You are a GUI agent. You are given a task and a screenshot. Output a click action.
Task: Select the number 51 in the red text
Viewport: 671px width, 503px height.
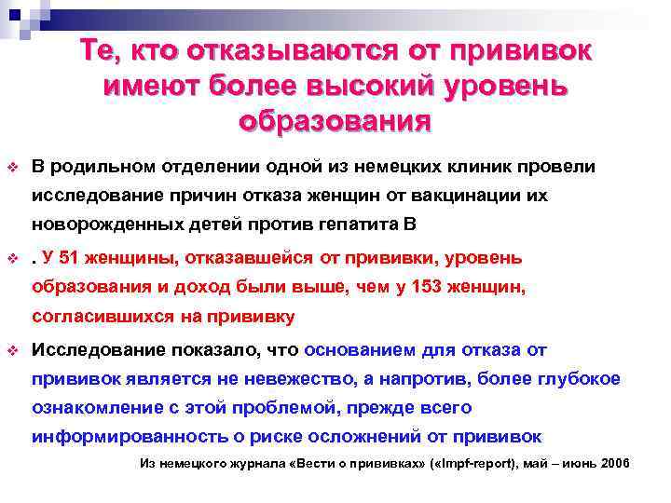(x=70, y=257)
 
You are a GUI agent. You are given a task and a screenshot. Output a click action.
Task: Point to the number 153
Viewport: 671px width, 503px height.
(x=430, y=287)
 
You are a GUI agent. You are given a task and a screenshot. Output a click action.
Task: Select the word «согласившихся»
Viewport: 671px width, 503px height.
(x=97, y=317)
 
